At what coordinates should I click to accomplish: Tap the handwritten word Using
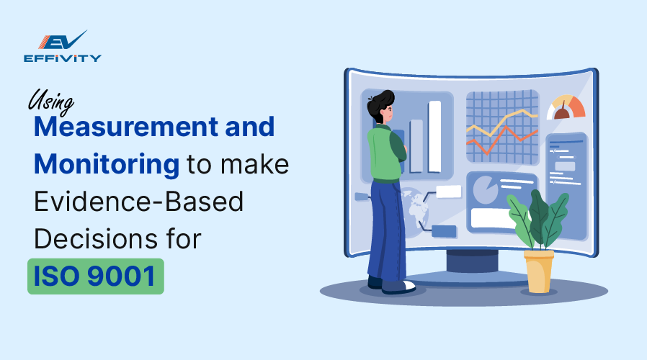52,102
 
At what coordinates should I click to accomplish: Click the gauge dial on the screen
566,109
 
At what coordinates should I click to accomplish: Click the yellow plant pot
539,269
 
